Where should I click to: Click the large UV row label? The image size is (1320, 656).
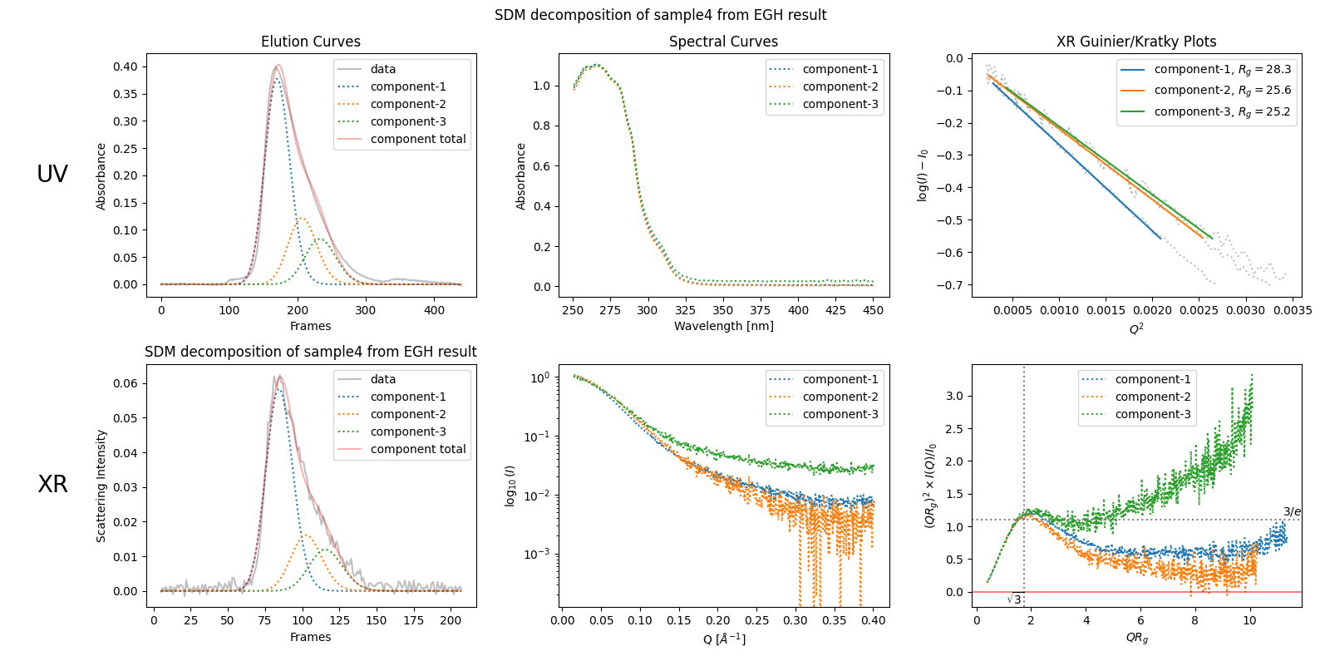pos(52,174)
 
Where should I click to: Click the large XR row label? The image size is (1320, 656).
pos(52,484)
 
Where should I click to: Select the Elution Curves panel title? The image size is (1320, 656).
pos(311,42)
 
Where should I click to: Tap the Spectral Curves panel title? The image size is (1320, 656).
pos(723,42)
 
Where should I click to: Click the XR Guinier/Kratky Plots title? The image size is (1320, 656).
pos(1135,42)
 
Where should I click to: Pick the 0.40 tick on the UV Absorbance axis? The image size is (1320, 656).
pos(126,67)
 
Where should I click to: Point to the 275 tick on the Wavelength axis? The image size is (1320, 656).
pos(610,310)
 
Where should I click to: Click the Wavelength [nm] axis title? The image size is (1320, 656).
pos(723,326)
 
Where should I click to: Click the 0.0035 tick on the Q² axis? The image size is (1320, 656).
pos(1293,310)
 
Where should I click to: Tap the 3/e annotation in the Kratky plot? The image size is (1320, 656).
pos(1292,512)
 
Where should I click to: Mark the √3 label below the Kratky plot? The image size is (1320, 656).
pos(1014,599)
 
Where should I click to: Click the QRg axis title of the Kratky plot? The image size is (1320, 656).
pos(1136,638)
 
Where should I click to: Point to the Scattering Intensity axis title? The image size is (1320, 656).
pos(101,486)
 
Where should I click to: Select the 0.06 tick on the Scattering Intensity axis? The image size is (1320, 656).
pos(126,383)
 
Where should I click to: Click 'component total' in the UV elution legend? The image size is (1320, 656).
pos(417,139)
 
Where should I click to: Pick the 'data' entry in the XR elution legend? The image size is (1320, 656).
pos(383,379)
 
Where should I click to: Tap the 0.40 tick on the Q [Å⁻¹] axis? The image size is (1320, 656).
pos(873,620)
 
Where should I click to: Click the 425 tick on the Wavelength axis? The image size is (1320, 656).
pos(835,310)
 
